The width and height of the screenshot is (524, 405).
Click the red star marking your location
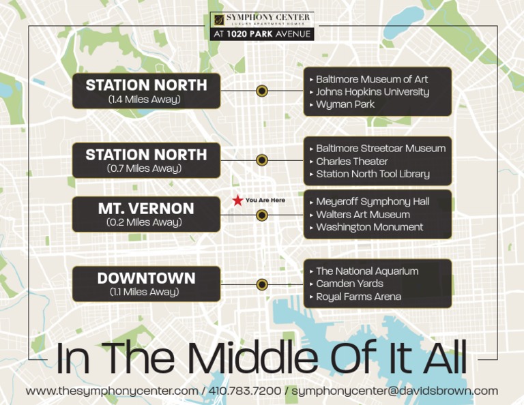coord(237,200)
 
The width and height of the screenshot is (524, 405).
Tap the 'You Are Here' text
coord(265,200)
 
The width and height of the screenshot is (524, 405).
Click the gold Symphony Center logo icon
coord(218,19)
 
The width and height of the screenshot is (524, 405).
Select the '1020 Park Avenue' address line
coord(262,33)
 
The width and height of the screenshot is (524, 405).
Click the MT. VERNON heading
coord(146,209)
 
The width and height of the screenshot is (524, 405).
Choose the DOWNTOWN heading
coord(146,278)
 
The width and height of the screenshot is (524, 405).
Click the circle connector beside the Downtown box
coord(261,284)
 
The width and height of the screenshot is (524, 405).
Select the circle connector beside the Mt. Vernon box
coord(261,215)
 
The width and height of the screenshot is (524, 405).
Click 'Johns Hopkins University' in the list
coord(372,92)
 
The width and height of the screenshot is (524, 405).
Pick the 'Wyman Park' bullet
coord(345,105)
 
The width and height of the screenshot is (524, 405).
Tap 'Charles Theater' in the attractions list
coord(352,162)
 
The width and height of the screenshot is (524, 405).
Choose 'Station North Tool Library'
coord(373,175)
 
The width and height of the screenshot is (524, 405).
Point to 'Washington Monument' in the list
coord(369,228)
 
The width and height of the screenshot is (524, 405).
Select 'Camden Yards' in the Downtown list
coord(349,284)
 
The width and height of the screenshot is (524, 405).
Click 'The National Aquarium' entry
coord(367,271)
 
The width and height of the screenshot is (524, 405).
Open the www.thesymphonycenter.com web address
coord(112,391)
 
